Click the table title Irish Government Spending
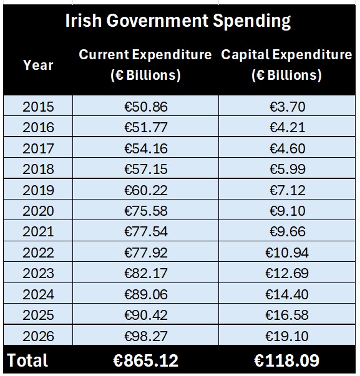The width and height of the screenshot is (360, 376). pyautogui.click(x=178, y=21)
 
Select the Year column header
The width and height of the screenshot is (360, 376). pyautogui.click(x=38, y=65)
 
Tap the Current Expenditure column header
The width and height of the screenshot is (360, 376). pyautogui.click(x=145, y=65)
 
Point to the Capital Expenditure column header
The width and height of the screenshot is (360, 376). pyautogui.click(x=286, y=65)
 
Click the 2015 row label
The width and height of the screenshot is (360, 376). pyautogui.click(x=38, y=107)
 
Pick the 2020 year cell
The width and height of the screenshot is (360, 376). pyautogui.click(x=38, y=211)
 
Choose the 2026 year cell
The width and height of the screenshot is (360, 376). pyautogui.click(x=38, y=336)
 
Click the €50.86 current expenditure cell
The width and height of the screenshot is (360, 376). pyautogui.click(x=146, y=107)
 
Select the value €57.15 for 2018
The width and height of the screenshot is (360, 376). pyautogui.click(x=146, y=169)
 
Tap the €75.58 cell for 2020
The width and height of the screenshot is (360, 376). pyautogui.click(x=146, y=211)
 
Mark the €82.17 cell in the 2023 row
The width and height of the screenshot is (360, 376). pyautogui.click(x=146, y=274)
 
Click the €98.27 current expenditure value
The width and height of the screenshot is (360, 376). pyautogui.click(x=146, y=336)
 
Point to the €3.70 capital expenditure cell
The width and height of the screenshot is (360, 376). pyautogui.click(x=287, y=107)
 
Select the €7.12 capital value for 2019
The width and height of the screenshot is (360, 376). pyautogui.click(x=287, y=190)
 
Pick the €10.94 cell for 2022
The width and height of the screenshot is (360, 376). pyautogui.click(x=287, y=253)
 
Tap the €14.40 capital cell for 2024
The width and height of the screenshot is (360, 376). pyautogui.click(x=287, y=294)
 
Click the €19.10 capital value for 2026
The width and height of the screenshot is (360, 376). pyautogui.click(x=287, y=336)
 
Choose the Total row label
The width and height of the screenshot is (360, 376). pyautogui.click(x=27, y=360)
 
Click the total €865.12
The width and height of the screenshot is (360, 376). pyautogui.click(x=146, y=360)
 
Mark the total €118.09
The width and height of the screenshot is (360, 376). pyautogui.click(x=287, y=360)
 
